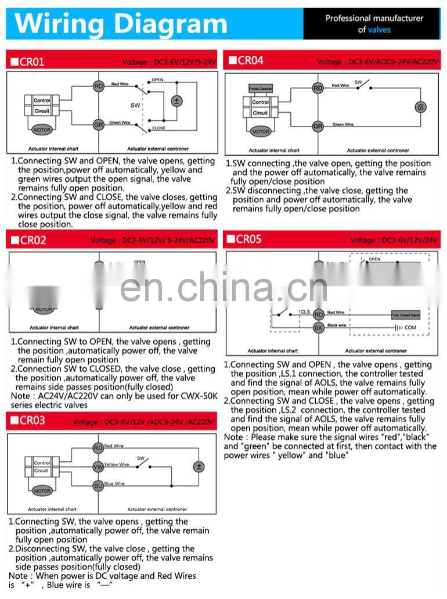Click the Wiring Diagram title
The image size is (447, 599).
(x=121, y=24)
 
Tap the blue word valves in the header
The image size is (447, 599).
(x=379, y=30)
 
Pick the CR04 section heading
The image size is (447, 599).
(x=250, y=60)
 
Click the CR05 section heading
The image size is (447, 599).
(x=249, y=239)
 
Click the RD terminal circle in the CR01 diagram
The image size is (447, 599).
(x=99, y=87)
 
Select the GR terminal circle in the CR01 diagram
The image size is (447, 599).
(x=99, y=124)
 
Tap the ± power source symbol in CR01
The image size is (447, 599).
(x=176, y=101)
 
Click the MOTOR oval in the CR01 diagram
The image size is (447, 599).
(x=42, y=129)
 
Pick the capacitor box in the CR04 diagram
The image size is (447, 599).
(x=261, y=89)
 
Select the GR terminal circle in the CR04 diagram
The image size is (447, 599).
(x=318, y=126)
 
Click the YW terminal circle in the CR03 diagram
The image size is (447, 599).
(x=98, y=466)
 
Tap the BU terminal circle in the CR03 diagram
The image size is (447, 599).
(x=98, y=485)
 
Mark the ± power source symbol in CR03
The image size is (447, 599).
(x=199, y=467)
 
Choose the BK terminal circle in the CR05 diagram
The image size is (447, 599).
(x=318, y=328)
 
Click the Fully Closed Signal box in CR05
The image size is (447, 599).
(x=406, y=314)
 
